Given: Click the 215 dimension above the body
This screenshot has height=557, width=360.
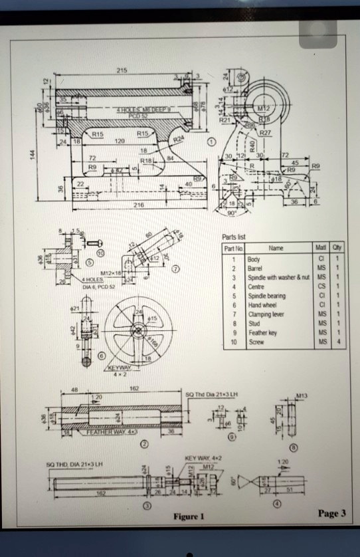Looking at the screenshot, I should (x=122, y=70).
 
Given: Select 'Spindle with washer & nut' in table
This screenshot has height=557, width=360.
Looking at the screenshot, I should (x=274, y=276).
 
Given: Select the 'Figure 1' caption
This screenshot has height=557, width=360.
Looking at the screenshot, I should (x=189, y=516).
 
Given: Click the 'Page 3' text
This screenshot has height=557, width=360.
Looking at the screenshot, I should (x=332, y=513).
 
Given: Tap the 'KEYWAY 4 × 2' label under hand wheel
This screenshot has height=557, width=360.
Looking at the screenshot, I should (x=120, y=370).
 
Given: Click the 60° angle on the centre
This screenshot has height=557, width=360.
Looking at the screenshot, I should (x=231, y=479).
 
